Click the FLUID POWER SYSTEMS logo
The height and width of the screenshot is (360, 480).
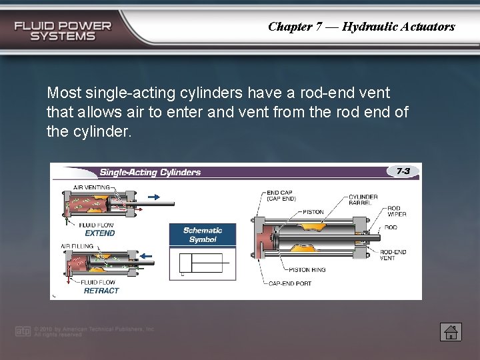[63, 31]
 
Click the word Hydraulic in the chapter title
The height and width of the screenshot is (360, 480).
[369, 27]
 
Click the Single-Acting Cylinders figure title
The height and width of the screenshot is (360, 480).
[150, 172]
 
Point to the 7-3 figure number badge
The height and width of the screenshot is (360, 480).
[403, 171]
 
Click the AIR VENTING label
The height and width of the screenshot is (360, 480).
[92, 187]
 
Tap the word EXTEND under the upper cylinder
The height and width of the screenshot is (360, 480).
[99, 233]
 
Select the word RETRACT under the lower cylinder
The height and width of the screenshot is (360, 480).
[101, 291]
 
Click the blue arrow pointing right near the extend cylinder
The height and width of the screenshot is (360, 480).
[153, 197]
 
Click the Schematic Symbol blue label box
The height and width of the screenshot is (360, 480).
[203, 235]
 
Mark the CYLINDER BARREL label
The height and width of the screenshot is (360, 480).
[363, 200]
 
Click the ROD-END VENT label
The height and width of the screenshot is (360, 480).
[393, 255]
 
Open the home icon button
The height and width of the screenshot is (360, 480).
[451, 331]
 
